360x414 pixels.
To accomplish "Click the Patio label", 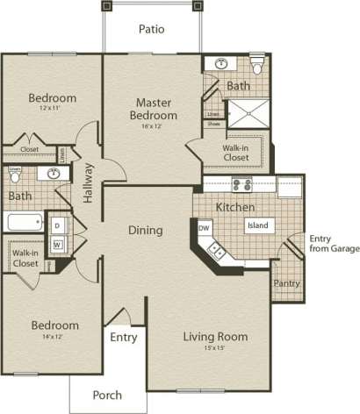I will coord(152,29).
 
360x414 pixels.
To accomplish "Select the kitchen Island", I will coord(257,225).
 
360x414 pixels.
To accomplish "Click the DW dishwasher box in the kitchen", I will coord(204,228).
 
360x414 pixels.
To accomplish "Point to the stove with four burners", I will coord(241,185).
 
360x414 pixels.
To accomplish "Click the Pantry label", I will coord(285,284).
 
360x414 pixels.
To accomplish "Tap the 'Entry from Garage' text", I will coord(334,243).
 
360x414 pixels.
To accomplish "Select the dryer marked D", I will coord(58,226).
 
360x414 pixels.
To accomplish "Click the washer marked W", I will coord(58,245).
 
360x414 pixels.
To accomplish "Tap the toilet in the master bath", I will coord(257,66).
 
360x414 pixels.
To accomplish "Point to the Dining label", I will coord(146,232).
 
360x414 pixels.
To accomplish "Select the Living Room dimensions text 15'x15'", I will coord(214,349).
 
